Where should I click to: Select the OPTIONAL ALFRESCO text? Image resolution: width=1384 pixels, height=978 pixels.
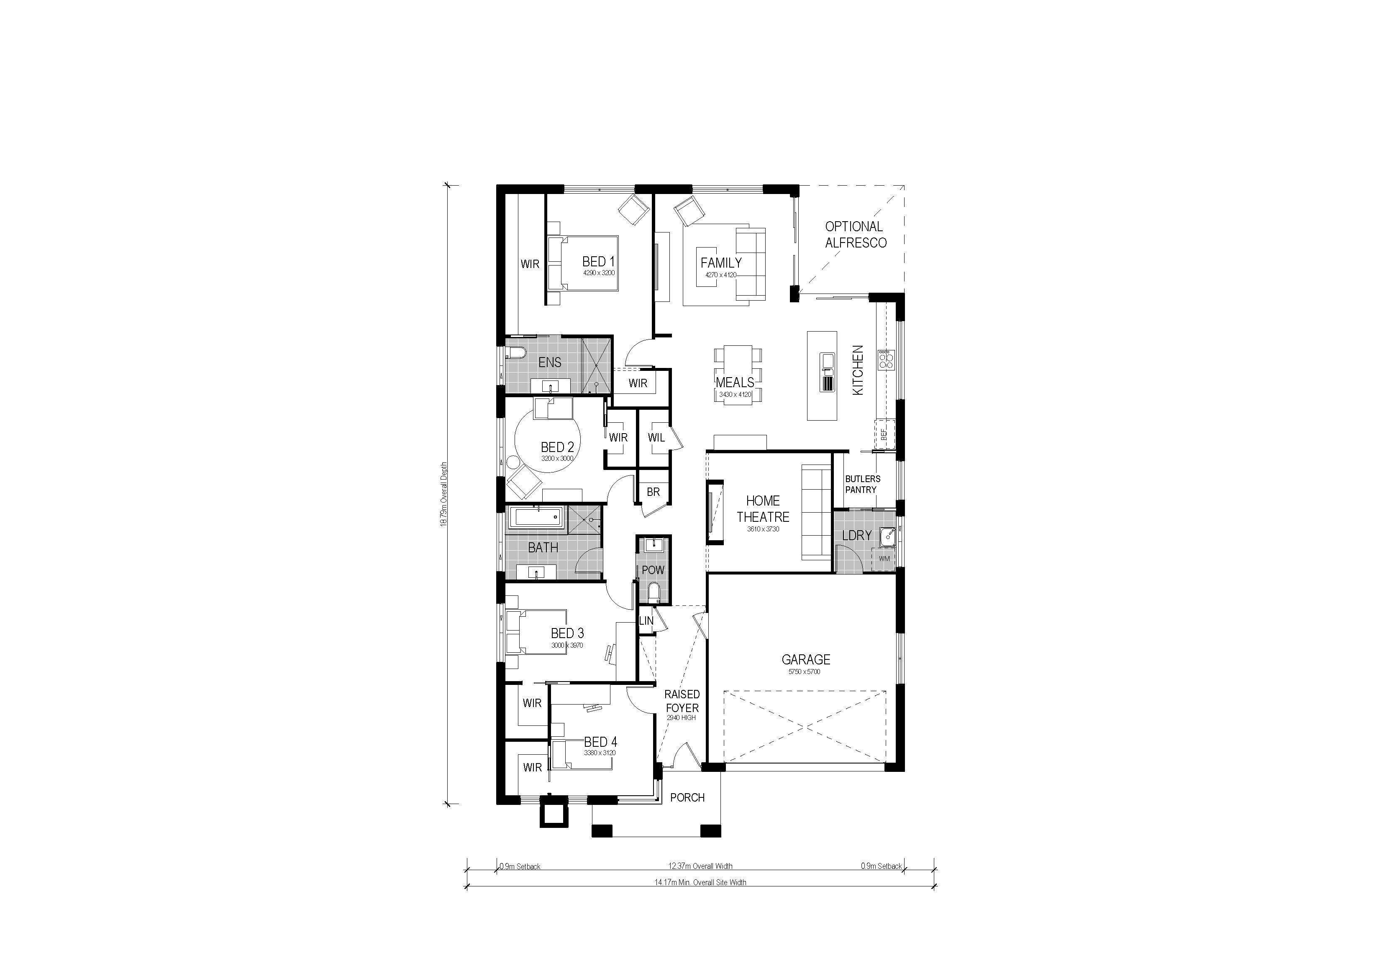pos(855,235)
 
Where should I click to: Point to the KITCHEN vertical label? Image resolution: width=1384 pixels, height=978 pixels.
pos(858,370)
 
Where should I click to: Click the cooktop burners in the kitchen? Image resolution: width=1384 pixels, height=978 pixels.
pos(886,360)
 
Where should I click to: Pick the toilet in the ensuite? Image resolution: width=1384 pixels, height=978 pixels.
pos(516,352)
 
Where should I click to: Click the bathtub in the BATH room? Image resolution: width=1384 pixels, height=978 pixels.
pos(536,518)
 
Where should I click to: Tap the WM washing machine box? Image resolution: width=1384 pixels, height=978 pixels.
pos(884,559)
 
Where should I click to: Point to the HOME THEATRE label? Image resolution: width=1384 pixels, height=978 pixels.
pos(763,508)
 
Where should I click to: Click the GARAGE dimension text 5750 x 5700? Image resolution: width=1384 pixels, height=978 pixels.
pos(804,672)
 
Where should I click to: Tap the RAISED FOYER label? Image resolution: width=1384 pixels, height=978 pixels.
pos(682,702)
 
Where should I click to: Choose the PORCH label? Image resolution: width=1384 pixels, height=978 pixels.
pos(687,798)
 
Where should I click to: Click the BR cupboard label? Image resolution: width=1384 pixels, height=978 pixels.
pos(653,492)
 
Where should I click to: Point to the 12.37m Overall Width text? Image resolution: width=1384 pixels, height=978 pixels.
pos(700,866)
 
